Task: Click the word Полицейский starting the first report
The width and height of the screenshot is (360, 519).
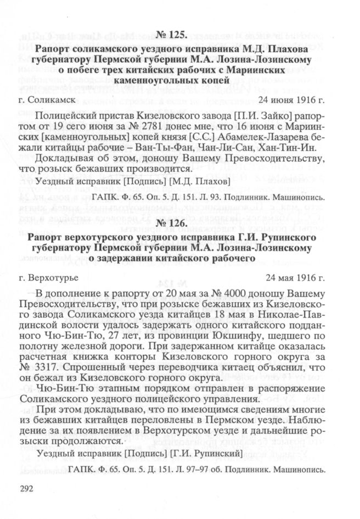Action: click(67, 118)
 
